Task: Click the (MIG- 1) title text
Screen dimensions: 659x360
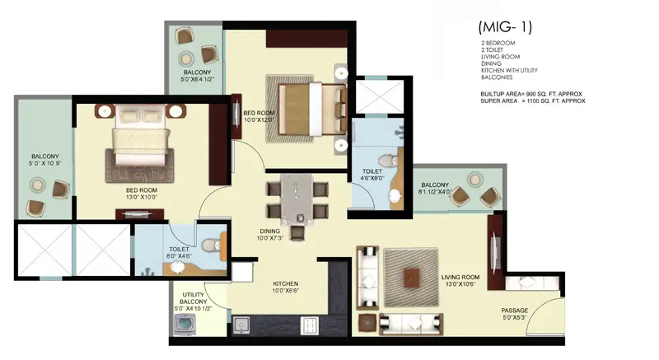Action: pyautogui.click(x=505, y=27)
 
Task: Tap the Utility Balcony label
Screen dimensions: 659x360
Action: pyautogui.click(x=194, y=298)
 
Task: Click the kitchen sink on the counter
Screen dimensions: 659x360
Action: pyautogui.click(x=241, y=325)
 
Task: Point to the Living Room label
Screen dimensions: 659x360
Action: pyautogui.click(x=460, y=278)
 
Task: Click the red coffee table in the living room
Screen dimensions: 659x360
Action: pyautogui.click(x=410, y=278)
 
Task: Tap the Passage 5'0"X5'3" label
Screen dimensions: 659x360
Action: pyautogui.click(x=515, y=314)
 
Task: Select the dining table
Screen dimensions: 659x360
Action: pyautogui.click(x=297, y=199)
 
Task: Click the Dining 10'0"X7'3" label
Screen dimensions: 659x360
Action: pyautogui.click(x=270, y=235)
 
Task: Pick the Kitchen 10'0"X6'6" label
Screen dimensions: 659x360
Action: pyautogui.click(x=285, y=287)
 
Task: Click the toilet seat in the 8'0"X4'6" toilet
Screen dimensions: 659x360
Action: pyautogui.click(x=212, y=245)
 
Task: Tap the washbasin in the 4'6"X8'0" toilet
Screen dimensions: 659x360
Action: pyautogui.click(x=395, y=196)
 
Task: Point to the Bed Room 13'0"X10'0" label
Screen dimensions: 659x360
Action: pyautogui.click(x=141, y=194)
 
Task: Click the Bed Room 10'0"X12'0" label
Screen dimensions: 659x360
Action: pyautogui.click(x=259, y=116)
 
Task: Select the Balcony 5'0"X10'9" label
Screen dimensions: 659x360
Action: pyautogui.click(x=45, y=160)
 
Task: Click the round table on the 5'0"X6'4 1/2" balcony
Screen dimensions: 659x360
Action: pyautogui.click(x=185, y=58)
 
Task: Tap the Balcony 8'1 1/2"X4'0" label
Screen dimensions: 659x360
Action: pyautogui.click(x=436, y=188)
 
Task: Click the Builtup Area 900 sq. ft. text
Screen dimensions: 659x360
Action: pyautogui.click(x=531, y=94)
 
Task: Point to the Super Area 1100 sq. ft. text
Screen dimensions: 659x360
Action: pyautogui.click(x=533, y=101)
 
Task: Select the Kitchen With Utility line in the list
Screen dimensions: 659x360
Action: pyautogui.click(x=509, y=70)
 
